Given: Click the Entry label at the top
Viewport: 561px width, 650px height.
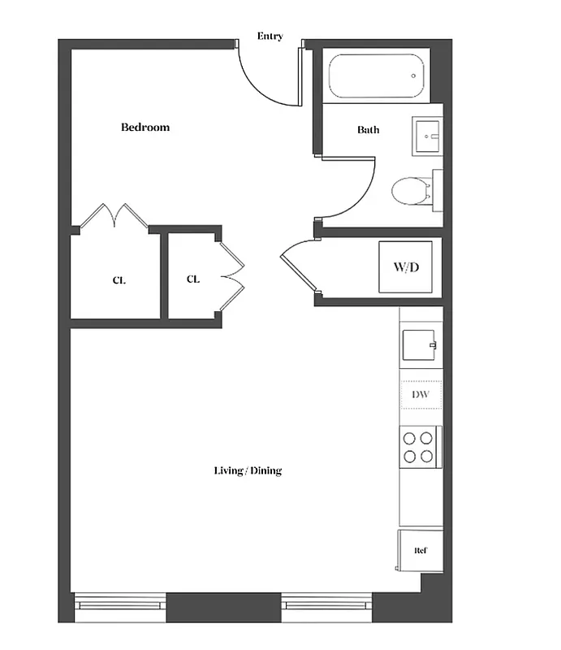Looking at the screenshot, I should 270,37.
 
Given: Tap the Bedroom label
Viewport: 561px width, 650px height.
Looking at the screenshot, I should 145,128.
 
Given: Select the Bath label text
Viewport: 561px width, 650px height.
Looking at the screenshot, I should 368,130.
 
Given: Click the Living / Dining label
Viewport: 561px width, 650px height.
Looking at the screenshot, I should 248,471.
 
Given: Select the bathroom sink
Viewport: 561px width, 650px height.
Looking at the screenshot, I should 427,136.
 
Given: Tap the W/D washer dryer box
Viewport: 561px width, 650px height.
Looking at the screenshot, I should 405,266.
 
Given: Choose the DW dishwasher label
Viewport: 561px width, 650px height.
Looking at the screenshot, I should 421,395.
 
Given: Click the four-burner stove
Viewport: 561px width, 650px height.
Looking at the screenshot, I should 419,447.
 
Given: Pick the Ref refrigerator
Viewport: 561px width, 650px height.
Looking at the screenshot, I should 421,550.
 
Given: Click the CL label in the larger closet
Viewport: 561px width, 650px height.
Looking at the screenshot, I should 119,281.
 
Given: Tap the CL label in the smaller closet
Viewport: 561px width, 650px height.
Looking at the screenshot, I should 193,279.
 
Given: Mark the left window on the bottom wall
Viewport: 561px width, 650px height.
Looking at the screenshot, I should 120,602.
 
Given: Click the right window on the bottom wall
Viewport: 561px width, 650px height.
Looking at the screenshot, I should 327,602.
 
